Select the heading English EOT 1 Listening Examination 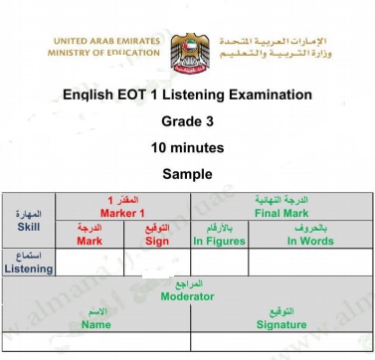click(x=187, y=94)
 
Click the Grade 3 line click(x=187, y=120)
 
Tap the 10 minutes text click(x=187, y=146)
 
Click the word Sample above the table click(x=187, y=172)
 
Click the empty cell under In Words click(x=310, y=263)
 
